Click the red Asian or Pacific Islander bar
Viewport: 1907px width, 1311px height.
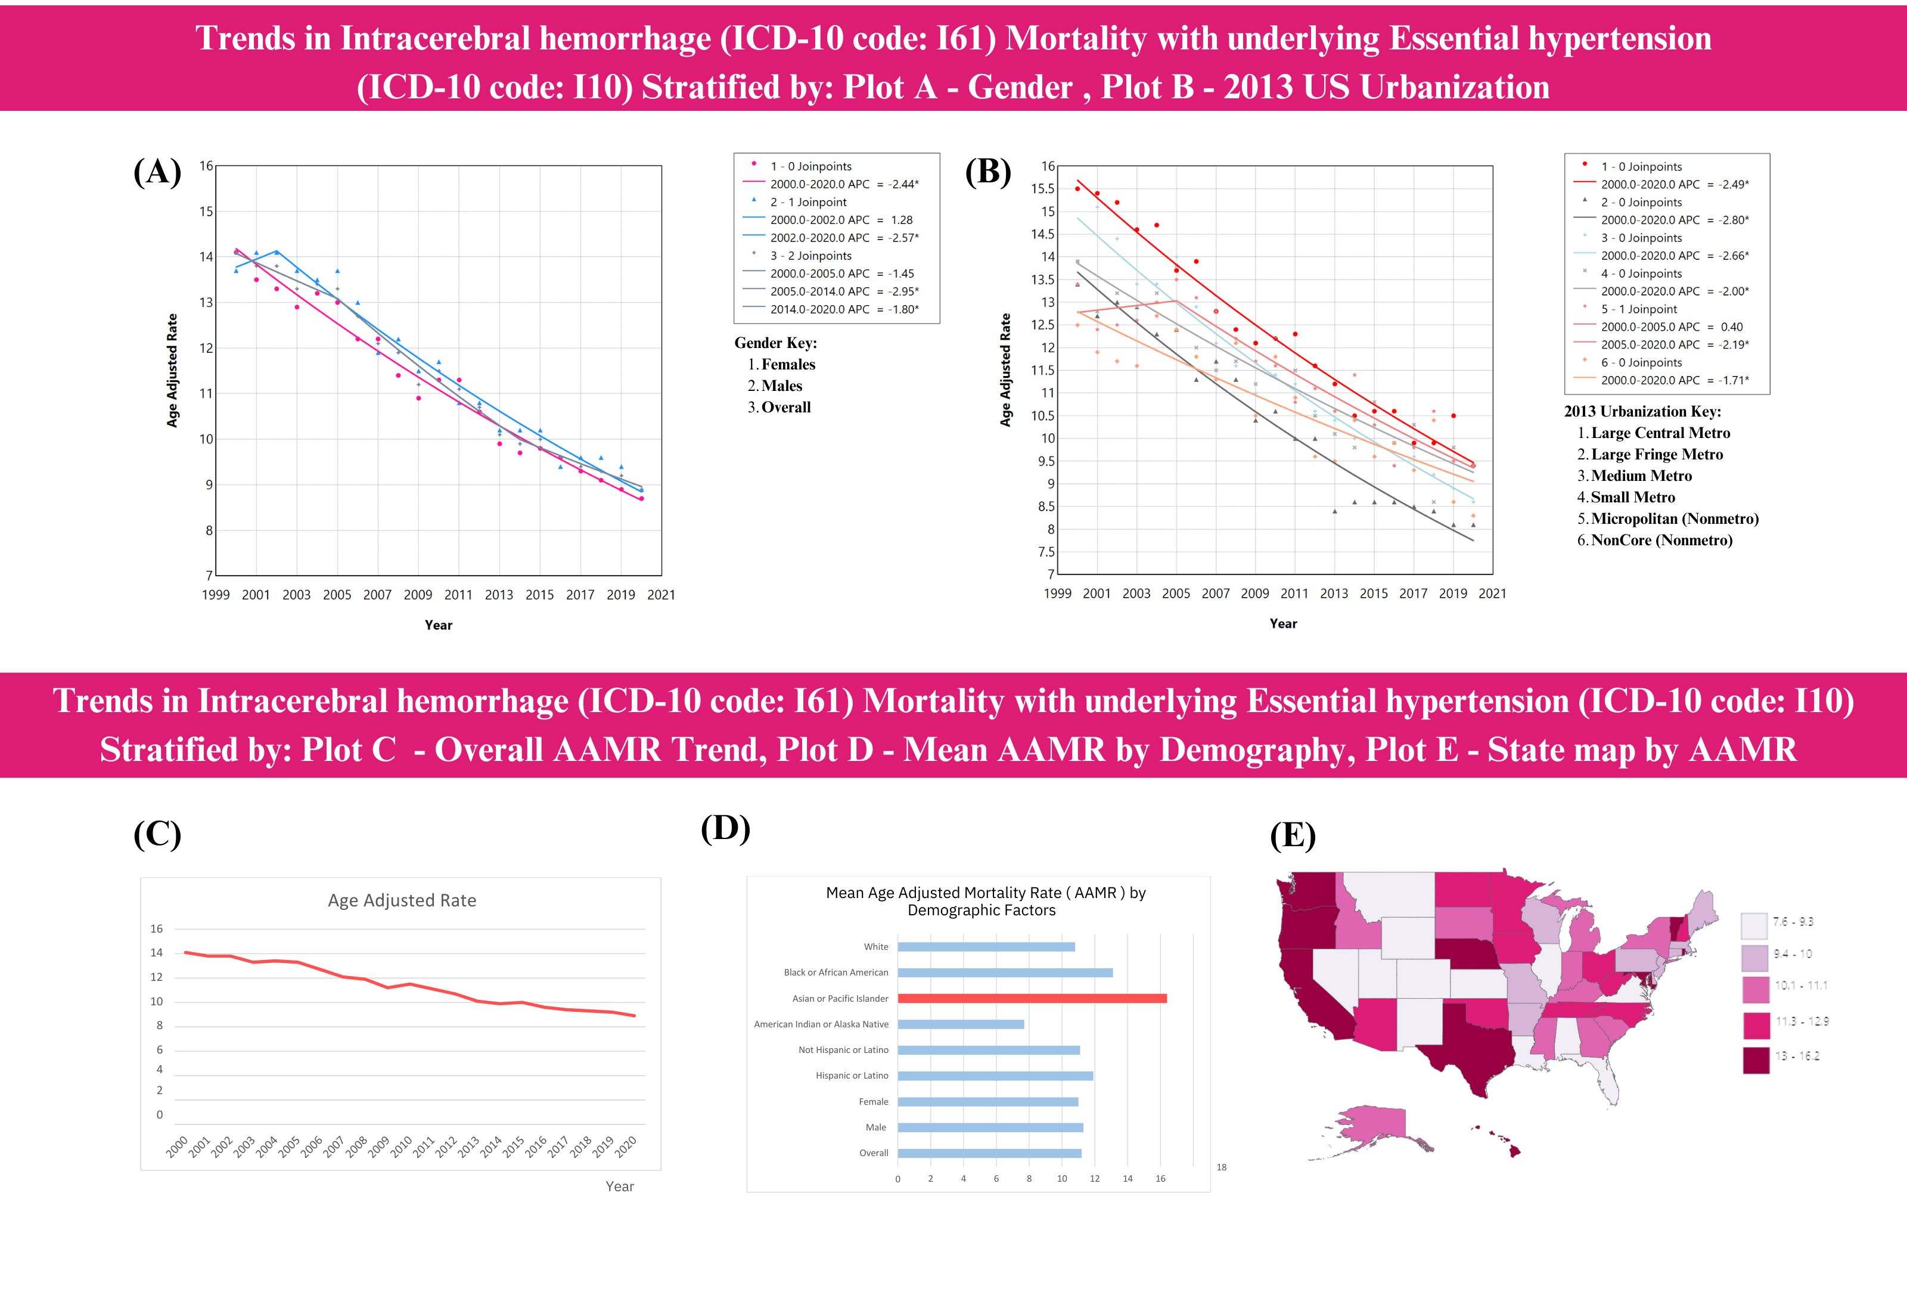tap(1032, 999)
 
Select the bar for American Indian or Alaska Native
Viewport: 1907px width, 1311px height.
tap(960, 1024)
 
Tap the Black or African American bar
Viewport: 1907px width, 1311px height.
tap(1004, 973)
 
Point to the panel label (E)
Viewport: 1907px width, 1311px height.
tap(1293, 835)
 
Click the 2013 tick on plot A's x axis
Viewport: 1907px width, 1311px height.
tap(499, 595)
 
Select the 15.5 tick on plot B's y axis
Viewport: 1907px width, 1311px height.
tap(1042, 189)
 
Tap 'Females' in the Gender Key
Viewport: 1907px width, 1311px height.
tap(788, 365)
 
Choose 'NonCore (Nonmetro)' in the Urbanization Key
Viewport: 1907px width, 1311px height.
tap(1661, 540)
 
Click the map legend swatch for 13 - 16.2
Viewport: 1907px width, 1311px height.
tap(1756, 1060)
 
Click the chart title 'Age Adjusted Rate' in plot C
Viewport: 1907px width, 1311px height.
tap(402, 900)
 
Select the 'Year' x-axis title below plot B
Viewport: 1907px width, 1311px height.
tap(1283, 623)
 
